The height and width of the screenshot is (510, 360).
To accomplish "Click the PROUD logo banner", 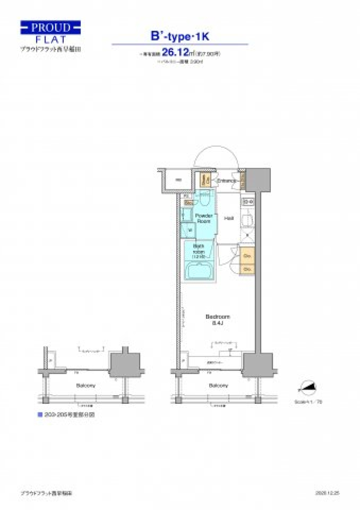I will (50, 27).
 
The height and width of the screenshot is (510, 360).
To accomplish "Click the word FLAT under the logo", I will (51, 39).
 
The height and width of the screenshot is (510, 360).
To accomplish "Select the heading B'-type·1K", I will (180, 36).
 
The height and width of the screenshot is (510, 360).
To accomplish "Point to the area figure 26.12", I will (175, 52).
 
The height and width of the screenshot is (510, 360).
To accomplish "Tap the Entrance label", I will (226, 181).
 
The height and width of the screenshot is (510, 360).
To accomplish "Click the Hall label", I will (229, 218).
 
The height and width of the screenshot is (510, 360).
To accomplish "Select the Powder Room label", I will (204, 218).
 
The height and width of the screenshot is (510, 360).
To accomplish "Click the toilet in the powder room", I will (204, 199).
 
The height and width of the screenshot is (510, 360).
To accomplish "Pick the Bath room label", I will (198, 251).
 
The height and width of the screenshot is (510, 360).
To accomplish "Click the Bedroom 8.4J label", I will (217, 319).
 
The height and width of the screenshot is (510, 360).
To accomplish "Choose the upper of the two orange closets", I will (247, 256).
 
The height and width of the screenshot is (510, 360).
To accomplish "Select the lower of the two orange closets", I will (247, 269).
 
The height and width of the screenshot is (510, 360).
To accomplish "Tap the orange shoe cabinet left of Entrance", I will (205, 180).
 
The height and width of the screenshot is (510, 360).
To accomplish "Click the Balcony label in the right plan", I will (218, 385).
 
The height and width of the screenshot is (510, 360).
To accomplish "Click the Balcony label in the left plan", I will (86, 385).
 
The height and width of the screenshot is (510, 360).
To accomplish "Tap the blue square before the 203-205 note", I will (40, 415).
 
